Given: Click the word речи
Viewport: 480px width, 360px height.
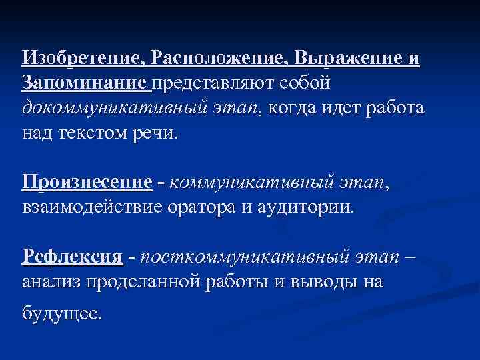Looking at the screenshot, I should click(x=161, y=132).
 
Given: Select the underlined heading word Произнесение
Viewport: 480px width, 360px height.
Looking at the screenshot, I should click(x=87, y=182).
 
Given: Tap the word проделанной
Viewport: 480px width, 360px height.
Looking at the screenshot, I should click(x=143, y=281).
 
